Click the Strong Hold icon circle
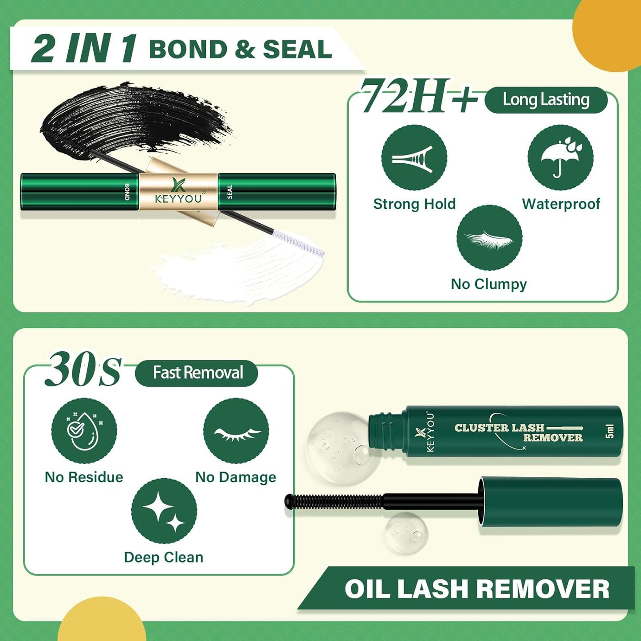pos(414,158)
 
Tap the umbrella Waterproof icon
pos(560,158)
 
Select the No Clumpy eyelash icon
pos(489,238)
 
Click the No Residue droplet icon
pos(84,431)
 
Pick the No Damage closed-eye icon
pos(236,431)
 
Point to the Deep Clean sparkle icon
pos(164,511)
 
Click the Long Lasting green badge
pos(546,100)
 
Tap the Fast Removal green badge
pos(197,373)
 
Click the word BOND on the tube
pos(127,192)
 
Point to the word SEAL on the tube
pos(230,192)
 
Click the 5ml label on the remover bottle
pos(610,431)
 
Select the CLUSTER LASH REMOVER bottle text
pos(518,433)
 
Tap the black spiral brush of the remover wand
pos(333,501)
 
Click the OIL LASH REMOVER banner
pos(476,589)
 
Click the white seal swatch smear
pos(231,271)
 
